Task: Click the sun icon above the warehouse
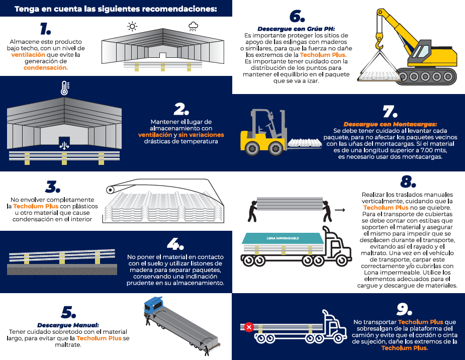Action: pos(132,26)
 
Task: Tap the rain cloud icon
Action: pos(194,26)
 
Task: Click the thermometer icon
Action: pos(65,88)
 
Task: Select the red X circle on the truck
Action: pos(249,327)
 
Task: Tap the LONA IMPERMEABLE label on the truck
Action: pos(283,238)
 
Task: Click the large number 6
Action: pos(297,16)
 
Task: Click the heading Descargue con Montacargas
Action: pos(390,124)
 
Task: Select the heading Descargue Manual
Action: pos(68,325)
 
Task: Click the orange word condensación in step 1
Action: pos(46,67)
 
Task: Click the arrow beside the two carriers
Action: pos(340,210)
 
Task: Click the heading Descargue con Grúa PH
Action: pos(296,29)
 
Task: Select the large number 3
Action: pos(53,187)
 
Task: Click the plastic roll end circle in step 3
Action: pos(110,190)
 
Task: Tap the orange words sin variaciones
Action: pos(201,135)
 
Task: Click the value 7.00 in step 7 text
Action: pos(429,150)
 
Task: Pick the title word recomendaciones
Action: pos(179,9)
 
